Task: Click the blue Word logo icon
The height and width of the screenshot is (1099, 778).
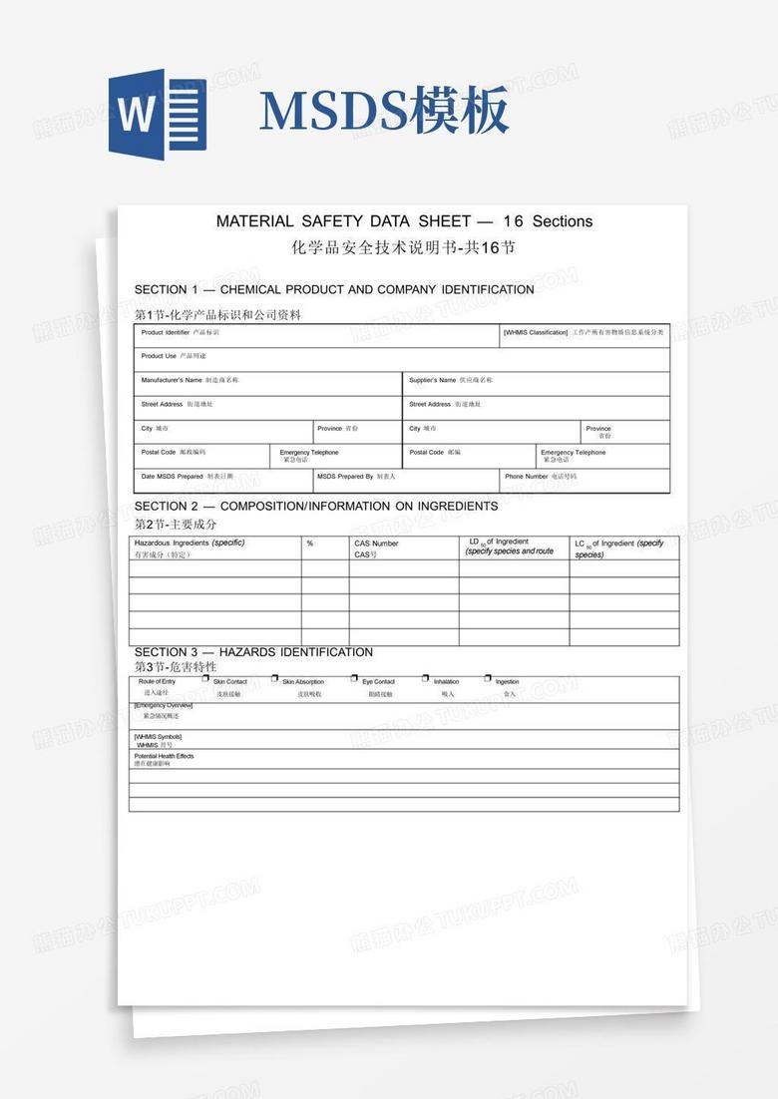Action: coord(157,115)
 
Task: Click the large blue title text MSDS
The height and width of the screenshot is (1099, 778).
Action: coord(334,112)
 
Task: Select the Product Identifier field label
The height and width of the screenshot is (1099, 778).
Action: coord(165,332)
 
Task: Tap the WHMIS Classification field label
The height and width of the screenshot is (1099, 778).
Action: coord(536,332)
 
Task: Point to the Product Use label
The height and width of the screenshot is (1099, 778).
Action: coord(159,356)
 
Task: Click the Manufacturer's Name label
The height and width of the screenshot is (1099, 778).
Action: coord(172,380)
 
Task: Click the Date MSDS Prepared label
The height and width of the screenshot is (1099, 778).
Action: coord(172,477)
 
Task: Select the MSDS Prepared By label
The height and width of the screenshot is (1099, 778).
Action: coord(345,477)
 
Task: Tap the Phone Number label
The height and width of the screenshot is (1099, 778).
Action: coord(527,477)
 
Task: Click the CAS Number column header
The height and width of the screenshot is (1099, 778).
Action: coord(376,544)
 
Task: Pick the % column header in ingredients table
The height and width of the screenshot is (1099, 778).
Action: coord(310,544)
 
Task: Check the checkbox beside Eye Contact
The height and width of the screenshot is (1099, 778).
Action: coord(354,678)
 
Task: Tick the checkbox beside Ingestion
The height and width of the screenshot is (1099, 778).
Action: coord(488,678)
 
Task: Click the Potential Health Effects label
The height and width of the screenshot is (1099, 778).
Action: coord(165,756)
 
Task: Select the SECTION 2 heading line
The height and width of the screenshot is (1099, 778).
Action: coord(316,507)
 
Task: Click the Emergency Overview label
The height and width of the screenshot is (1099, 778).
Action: coord(164,705)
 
